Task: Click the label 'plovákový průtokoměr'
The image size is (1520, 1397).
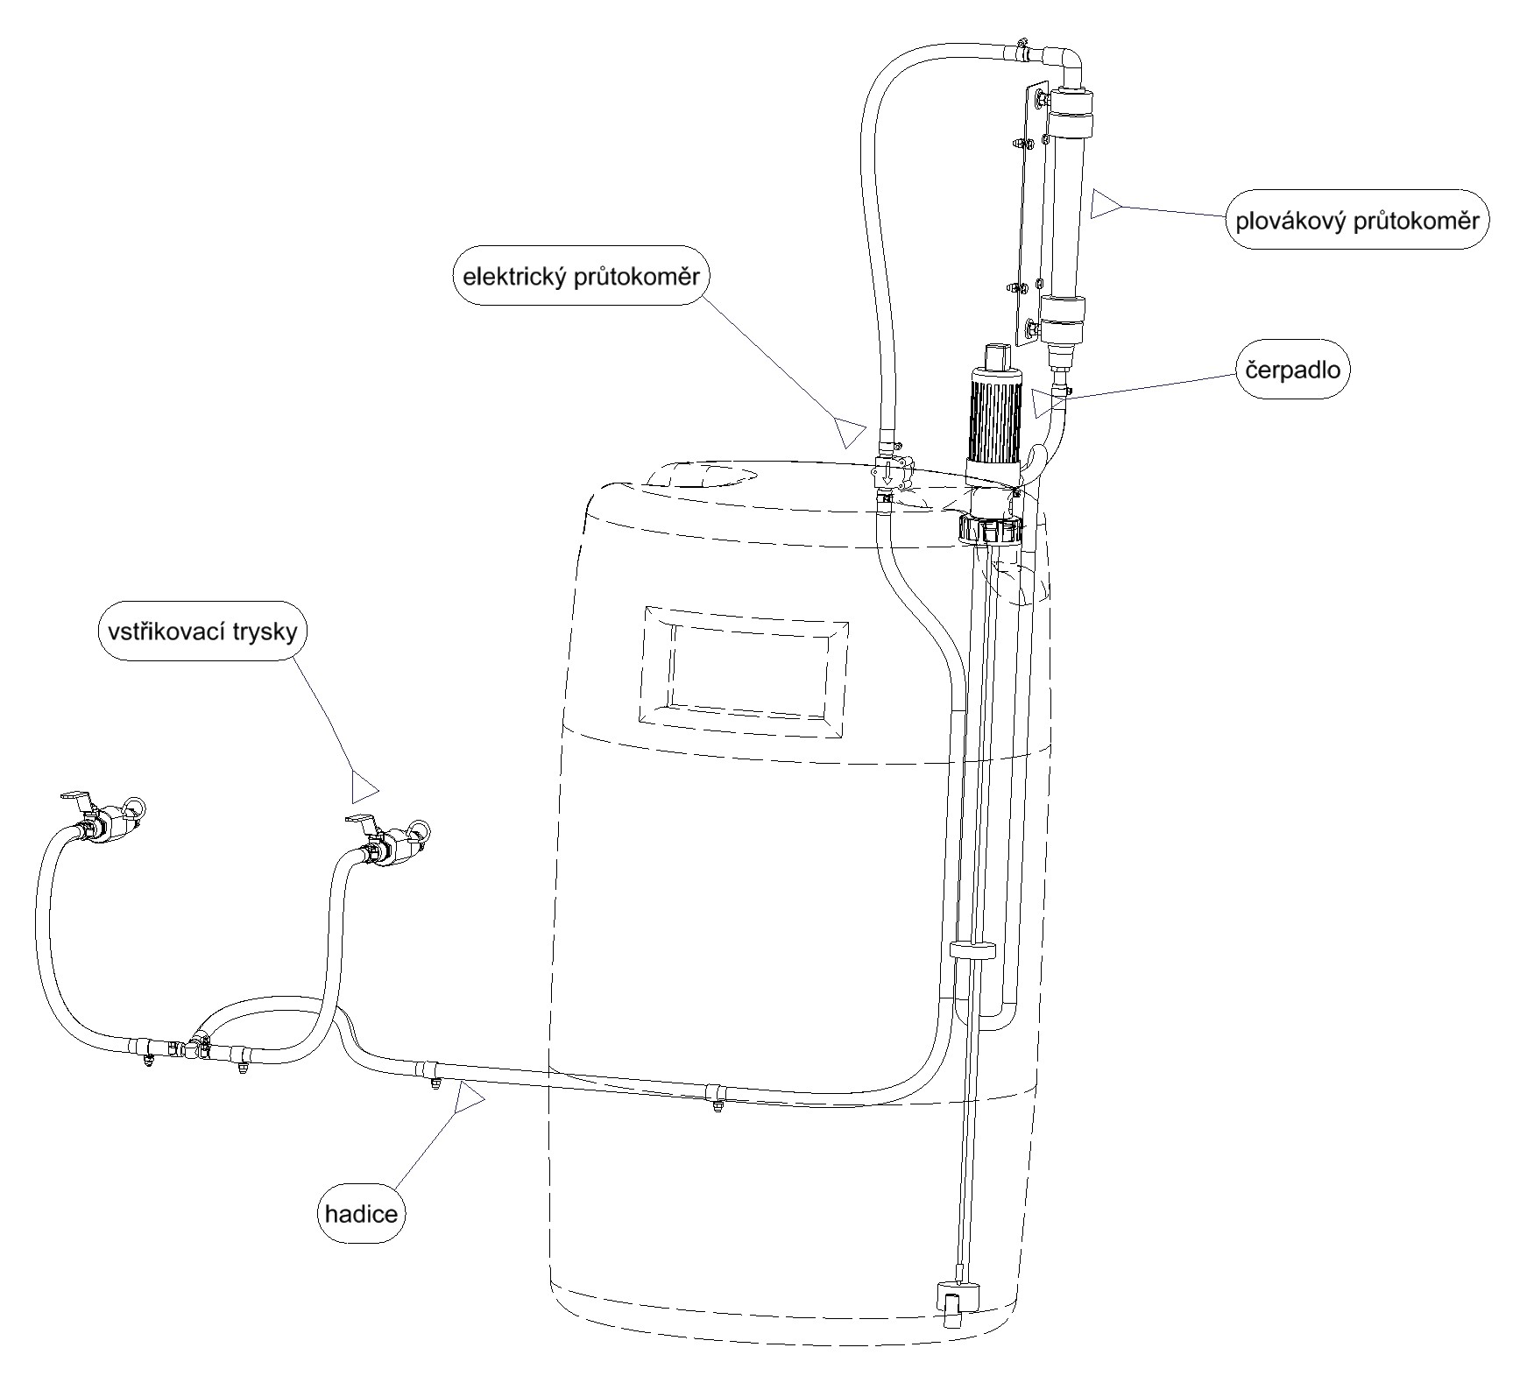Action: click(1356, 220)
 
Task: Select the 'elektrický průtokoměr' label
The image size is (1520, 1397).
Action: click(581, 278)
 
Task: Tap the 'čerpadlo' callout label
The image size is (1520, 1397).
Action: click(1292, 370)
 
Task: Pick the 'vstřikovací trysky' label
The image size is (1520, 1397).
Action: click(203, 631)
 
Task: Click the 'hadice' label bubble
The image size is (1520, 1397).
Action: click(361, 1213)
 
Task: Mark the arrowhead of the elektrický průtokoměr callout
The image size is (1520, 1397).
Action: click(849, 430)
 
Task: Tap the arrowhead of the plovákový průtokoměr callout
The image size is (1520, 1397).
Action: click(1104, 204)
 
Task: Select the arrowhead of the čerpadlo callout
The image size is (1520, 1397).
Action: click(1046, 404)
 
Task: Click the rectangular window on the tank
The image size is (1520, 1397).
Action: click(745, 665)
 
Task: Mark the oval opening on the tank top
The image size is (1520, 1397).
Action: click(701, 475)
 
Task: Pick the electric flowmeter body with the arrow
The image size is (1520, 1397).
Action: click(887, 474)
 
